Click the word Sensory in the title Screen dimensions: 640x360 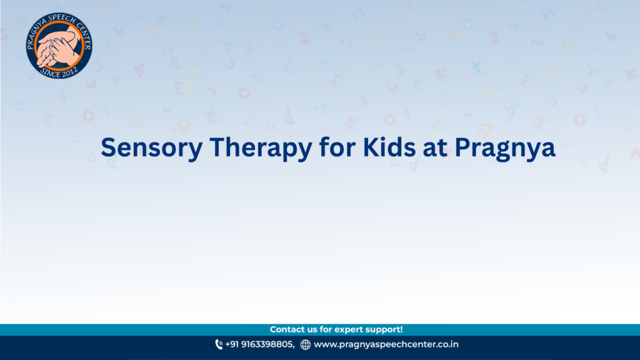pyautogui.click(x=151, y=147)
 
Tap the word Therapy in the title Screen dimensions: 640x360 pyautogui.click(x=261, y=147)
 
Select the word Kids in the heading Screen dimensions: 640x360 pyautogui.click(x=389, y=147)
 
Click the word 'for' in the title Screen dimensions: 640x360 pyautogui.click(x=337, y=147)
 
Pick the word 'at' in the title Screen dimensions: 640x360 pyautogui.click(x=435, y=147)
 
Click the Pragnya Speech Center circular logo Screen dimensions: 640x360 pyautogui.click(x=59, y=45)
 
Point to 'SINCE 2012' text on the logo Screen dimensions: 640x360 pyautogui.click(x=59, y=73)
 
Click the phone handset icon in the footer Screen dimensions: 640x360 pyautogui.click(x=219, y=344)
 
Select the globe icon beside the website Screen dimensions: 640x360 pyautogui.click(x=305, y=345)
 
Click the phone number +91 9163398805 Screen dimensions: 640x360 pyautogui.click(x=259, y=344)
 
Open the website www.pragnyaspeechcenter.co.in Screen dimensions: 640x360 pyautogui.click(x=386, y=344)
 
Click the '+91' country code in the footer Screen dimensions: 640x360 pyautogui.click(x=232, y=344)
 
